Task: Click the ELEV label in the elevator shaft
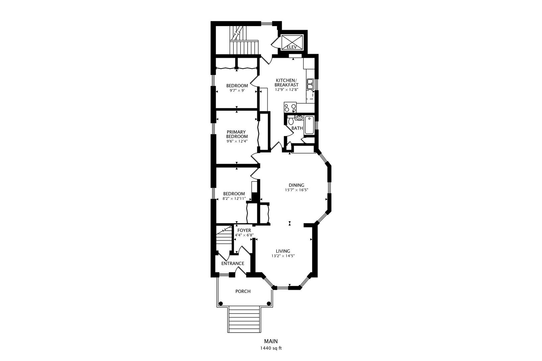pyautogui.click(x=291, y=47)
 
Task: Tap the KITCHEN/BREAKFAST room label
pyautogui.click(x=286, y=83)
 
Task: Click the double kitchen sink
pyautogui.click(x=310, y=84)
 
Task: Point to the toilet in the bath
pyautogui.click(x=291, y=120)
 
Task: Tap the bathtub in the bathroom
pyautogui.click(x=309, y=125)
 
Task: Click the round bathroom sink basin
pyautogui.click(x=299, y=118)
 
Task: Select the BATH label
pyautogui.click(x=297, y=128)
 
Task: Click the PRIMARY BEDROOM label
pyautogui.click(x=237, y=134)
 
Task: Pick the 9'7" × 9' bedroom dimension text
pyautogui.click(x=237, y=91)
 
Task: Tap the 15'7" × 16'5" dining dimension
pyautogui.click(x=296, y=190)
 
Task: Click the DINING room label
pyautogui.click(x=296, y=185)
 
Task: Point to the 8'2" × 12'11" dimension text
pyautogui.click(x=234, y=199)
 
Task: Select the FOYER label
pyautogui.click(x=244, y=230)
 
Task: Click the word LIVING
pyautogui.click(x=283, y=251)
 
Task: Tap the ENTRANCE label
pyautogui.click(x=233, y=263)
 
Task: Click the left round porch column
pyautogui.click(x=221, y=303)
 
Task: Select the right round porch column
pyautogui.click(x=269, y=303)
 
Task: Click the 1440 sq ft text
pyautogui.click(x=271, y=348)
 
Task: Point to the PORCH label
pyautogui.click(x=243, y=291)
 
